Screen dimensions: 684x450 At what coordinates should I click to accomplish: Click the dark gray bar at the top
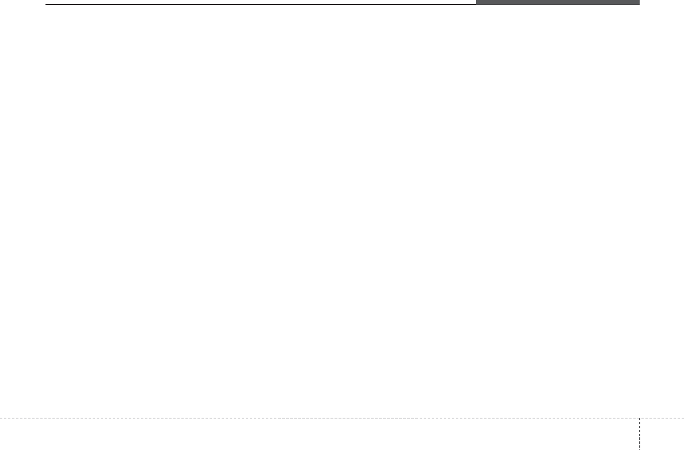pyautogui.click(x=557, y=2)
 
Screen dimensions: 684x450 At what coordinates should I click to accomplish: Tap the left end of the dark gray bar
pyautogui.click(x=477, y=2)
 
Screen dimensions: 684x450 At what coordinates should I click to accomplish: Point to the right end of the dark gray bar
pyautogui.click(x=639, y=2)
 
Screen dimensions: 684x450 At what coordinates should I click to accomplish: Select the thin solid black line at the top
pyautogui.click(x=259, y=5)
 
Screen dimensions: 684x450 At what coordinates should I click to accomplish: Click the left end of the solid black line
pyautogui.click(x=46, y=5)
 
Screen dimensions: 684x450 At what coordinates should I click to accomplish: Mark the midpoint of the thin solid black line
pyautogui.click(x=261, y=5)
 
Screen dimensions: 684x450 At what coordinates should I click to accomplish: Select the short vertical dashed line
pyautogui.click(x=639, y=433)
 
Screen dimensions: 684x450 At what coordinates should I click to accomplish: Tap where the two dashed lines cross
pyautogui.click(x=639, y=418)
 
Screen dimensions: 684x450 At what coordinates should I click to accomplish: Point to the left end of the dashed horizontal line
pyautogui.click(x=1, y=418)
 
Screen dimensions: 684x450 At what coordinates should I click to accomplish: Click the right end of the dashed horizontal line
pyautogui.click(x=683, y=418)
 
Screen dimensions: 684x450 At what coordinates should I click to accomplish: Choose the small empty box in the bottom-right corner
pyautogui.click(x=662, y=434)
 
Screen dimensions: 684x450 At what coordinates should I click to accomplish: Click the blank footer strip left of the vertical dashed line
pyautogui.click(x=317, y=434)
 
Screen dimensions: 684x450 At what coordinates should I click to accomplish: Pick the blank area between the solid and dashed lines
pyautogui.click(x=342, y=213)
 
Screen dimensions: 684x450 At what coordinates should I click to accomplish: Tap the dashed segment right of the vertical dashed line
pyautogui.click(x=662, y=418)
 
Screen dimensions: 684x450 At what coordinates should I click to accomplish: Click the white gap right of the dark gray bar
pyautogui.click(x=662, y=2)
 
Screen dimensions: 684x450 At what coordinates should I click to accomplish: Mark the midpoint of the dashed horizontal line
pyautogui.click(x=342, y=418)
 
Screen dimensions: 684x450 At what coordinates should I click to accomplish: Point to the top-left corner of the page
pyautogui.click(x=1, y=1)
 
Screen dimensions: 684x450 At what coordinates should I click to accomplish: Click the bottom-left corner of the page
pyautogui.click(x=1, y=449)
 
